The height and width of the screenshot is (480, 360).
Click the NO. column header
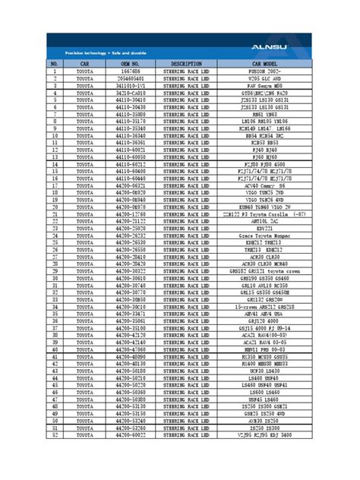tap(55, 64)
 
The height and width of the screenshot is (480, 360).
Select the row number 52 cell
tap(55, 435)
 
